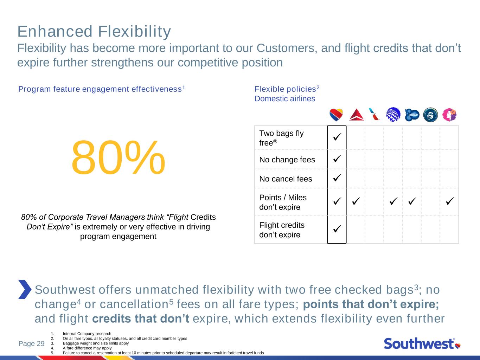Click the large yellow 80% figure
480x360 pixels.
tap(118, 157)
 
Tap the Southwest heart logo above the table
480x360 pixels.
tap(336, 115)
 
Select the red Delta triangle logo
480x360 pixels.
tap(357, 115)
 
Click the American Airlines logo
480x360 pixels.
tap(374, 114)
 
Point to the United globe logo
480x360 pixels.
tap(393, 115)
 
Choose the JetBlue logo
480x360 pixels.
tap(412, 115)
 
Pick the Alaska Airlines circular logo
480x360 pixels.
tap(430, 115)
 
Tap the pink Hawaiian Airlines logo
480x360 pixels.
tap(449, 115)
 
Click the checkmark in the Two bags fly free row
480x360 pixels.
tap(337, 137)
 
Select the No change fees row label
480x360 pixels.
tap(287, 160)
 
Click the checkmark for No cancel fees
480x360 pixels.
tap(337, 178)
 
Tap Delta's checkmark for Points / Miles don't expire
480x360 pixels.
tap(356, 201)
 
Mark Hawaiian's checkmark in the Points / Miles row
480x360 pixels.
tap(450, 201)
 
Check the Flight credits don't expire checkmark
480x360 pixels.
tap(337, 229)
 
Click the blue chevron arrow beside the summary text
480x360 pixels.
tap(25, 289)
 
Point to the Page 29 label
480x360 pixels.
tap(32, 343)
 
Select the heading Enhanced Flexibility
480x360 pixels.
tap(94, 32)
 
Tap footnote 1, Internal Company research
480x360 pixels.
tap(87, 334)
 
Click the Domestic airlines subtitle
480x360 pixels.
tap(285, 98)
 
